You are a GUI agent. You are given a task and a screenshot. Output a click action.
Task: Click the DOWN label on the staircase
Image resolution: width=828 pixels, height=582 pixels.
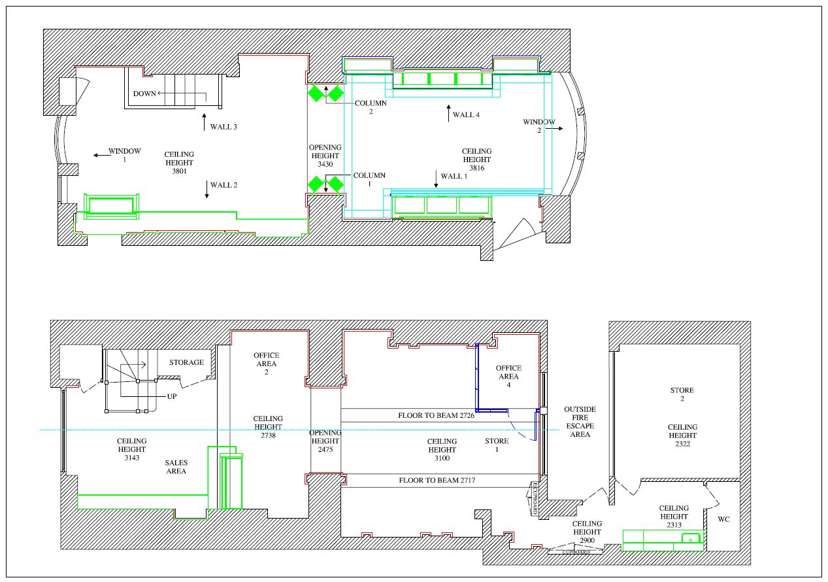click(x=144, y=94)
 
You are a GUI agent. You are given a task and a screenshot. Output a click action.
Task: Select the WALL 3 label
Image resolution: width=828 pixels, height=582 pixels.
click(x=224, y=127)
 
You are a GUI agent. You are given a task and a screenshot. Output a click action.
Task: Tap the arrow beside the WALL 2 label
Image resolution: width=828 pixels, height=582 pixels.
click(x=207, y=190)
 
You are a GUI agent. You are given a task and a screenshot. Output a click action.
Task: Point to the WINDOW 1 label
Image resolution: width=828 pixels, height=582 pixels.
click(x=125, y=155)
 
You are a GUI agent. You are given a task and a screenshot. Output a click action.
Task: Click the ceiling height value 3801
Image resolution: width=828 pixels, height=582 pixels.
click(x=179, y=171)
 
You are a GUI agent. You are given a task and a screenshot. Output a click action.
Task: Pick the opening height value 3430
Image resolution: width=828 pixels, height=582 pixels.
click(x=325, y=164)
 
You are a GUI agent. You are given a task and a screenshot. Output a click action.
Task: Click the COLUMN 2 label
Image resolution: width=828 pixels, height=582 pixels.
click(x=371, y=107)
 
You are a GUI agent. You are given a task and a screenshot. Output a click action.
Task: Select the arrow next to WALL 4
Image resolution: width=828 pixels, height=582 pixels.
click(x=448, y=113)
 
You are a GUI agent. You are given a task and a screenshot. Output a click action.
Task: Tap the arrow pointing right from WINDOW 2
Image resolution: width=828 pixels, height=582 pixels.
click(x=554, y=129)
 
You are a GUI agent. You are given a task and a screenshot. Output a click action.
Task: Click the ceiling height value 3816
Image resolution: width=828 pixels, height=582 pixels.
click(x=477, y=168)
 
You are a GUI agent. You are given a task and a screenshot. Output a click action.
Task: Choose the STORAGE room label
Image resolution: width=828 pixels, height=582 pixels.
click(x=187, y=362)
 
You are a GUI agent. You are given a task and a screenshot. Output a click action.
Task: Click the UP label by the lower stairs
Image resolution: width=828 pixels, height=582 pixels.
click(x=172, y=397)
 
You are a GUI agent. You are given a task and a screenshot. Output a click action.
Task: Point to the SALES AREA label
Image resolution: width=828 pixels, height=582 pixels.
click(x=176, y=467)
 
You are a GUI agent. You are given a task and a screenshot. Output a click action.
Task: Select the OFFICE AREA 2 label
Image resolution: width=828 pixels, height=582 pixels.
click(x=267, y=364)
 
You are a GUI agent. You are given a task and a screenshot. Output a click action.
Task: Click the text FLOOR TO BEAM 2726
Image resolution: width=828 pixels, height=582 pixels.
click(x=436, y=415)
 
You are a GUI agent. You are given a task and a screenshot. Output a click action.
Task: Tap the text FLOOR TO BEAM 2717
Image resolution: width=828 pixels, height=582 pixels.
click(x=437, y=480)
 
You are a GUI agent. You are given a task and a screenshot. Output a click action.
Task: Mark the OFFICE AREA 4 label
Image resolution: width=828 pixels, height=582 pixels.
click(x=508, y=376)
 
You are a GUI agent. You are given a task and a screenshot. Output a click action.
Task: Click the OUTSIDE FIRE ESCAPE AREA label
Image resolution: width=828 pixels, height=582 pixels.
click(x=580, y=422)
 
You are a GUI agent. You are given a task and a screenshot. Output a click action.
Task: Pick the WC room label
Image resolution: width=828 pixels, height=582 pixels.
click(x=723, y=519)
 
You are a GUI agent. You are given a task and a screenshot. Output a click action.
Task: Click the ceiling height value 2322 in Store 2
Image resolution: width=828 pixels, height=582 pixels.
click(x=682, y=444)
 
